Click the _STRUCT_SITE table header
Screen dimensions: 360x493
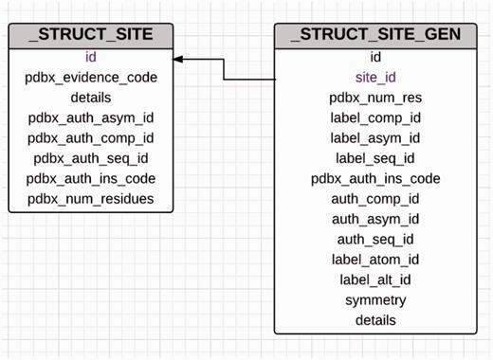tap(91, 36)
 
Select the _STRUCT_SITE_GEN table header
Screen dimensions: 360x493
tap(375, 36)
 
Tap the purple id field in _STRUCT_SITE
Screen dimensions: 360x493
tap(91, 57)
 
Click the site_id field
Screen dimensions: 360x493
tap(375, 78)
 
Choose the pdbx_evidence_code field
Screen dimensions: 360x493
tap(91, 78)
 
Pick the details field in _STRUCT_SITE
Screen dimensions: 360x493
tap(91, 98)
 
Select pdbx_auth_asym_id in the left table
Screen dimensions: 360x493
tap(91, 117)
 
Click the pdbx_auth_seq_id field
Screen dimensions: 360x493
tap(91, 158)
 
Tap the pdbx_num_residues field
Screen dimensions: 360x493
tap(91, 198)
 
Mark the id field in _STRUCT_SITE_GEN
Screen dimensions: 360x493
tap(375, 57)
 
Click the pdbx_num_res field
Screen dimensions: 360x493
tap(375, 98)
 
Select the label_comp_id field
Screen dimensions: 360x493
tap(375, 117)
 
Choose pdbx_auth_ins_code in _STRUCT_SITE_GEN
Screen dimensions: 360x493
tap(375, 178)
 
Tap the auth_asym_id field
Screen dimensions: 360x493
tap(375, 219)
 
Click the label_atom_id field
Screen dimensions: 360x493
tap(375, 260)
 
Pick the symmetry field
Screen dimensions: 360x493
tap(375, 300)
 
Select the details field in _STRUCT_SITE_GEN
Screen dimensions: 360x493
tap(375, 320)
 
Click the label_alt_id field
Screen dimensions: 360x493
tap(375, 279)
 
